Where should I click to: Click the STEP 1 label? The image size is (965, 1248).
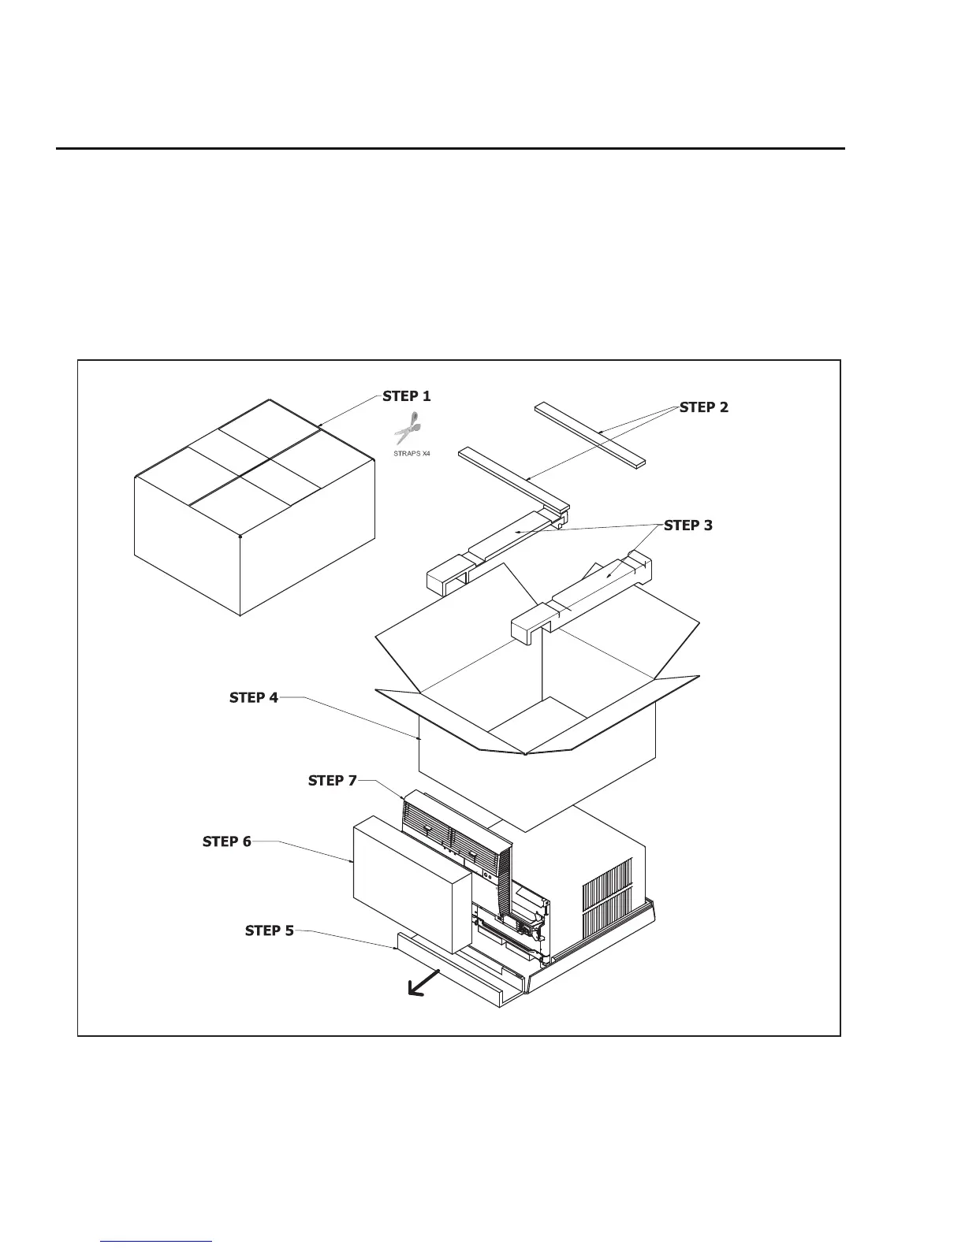pyautogui.click(x=407, y=396)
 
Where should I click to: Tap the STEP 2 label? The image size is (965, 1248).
pyautogui.click(x=704, y=407)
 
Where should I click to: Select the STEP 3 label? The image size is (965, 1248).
pyautogui.click(x=688, y=526)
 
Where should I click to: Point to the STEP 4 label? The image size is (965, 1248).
pyautogui.click(x=254, y=697)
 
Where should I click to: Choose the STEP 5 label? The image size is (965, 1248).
pyautogui.click(x=270, y=930)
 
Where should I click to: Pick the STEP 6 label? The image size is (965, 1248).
pyautogui.click(x=227, y=841)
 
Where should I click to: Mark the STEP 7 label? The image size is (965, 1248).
pyautogui.click(x=333, y=781)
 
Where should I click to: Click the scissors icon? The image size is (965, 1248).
pyautogui.click(x=408, y=428)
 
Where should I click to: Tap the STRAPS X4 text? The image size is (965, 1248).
pyautogui.click(x=412, y=454)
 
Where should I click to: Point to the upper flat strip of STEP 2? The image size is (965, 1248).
pyautogui.click(x=590, y=433)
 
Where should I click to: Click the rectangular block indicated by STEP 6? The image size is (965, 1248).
pyautogui.click(x=410, y=882)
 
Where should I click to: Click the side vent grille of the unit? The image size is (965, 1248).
pyautogui.click(x=608, y=894)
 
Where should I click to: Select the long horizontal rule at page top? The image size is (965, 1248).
pyautogui.click(x=449, y=148)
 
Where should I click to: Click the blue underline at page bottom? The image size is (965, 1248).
pyautogui.click(x=157, y=1241)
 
